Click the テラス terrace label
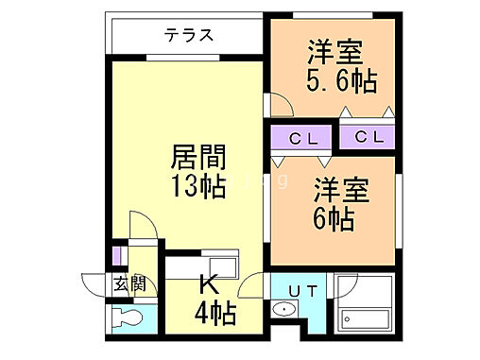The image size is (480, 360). coord(188,36)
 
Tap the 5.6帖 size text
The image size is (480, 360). coord(340,81)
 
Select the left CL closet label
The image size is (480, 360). coord(303,138)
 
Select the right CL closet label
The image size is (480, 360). coord(369,138)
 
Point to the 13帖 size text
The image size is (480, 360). coord(198,186)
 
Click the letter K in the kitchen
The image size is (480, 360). coord(209,282)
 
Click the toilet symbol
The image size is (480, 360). coord(124,317)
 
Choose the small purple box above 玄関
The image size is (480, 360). coord(116,255)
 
